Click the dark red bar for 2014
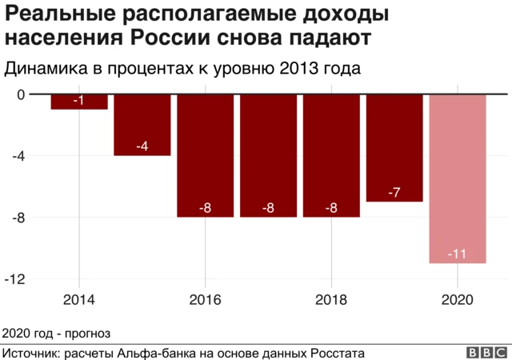coord(79,102)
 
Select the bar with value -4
coord(142,125)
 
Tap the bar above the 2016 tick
coord(206,155)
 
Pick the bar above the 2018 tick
coord(332,155)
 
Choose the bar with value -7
coord(394,147)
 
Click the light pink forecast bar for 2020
coord(458,178)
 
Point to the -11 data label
coord(458,254)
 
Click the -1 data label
coord(79,101)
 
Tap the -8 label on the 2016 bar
coord(206,208)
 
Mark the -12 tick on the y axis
coord(14,278)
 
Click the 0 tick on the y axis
coord(21,94)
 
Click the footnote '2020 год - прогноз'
coord(56,332)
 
